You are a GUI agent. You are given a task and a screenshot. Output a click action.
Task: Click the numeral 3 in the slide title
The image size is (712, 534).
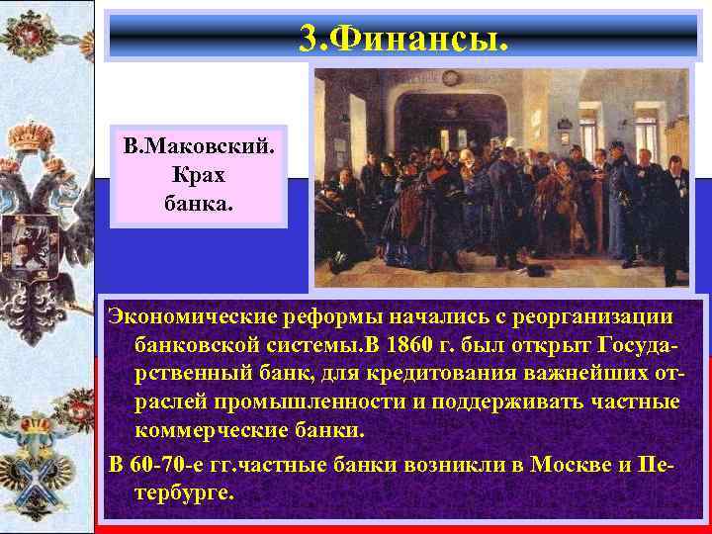point(308,41)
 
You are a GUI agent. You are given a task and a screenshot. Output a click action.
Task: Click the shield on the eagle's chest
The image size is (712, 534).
point(41,242)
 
